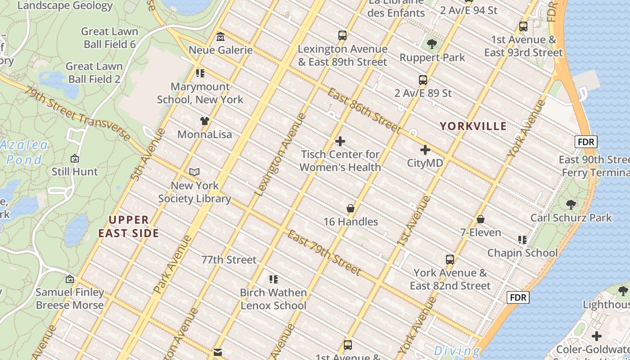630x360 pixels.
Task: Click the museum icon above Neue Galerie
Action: tap(220, 36)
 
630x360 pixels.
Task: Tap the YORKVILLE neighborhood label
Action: tap(473, 126)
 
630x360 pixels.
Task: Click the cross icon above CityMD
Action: tap(425, 150)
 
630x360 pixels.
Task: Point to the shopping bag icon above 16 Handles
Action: tap(351, 209)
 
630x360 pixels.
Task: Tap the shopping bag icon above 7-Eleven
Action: tap(481, 220)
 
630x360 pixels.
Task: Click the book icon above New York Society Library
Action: tap(194, 172)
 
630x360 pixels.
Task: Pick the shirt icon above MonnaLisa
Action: tap(205, 121)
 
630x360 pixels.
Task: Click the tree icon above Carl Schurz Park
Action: tap(571, 205)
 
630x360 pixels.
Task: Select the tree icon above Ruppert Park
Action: tap(432, 44)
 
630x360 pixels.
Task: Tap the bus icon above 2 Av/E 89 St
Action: tap(423, 80)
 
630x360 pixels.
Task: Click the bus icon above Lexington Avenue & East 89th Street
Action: tap(342, 36)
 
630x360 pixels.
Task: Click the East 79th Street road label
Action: tap(324, 253)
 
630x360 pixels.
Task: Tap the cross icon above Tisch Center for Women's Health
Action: tap(340, 141)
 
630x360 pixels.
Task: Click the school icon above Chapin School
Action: tap(522, 239)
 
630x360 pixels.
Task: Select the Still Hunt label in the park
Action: tap(75, 171)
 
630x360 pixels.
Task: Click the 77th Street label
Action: tap(229, 260)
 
